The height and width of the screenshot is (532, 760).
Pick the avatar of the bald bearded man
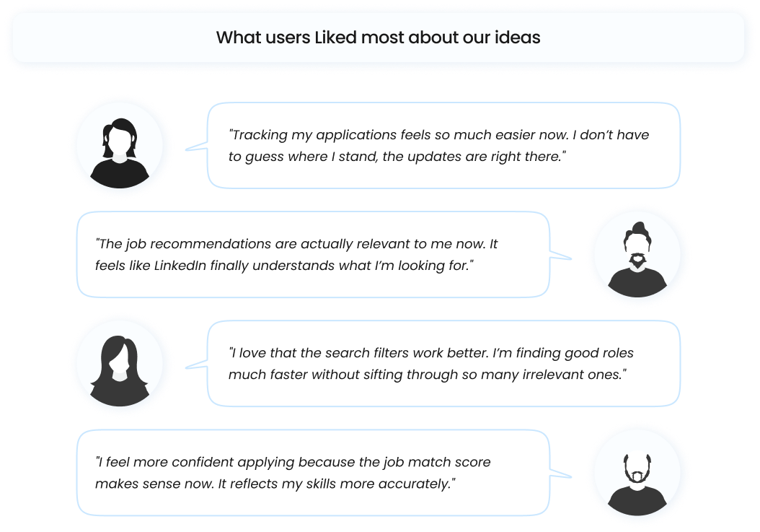638,474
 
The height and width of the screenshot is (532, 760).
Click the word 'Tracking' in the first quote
258,135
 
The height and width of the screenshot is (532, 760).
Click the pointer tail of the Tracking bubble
194,148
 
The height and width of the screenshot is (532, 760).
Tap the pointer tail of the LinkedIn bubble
562,256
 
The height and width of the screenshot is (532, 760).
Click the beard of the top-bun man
637,261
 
